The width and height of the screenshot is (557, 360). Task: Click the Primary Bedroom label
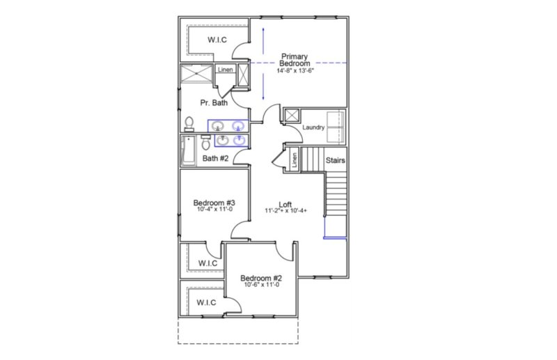pos(295,59)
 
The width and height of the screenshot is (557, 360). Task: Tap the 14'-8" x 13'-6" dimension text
pos(295,70)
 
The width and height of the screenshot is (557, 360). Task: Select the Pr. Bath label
pos(214,103)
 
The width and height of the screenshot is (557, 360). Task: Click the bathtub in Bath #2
pos(189,150)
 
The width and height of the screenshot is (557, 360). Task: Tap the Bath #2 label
pos(216,158)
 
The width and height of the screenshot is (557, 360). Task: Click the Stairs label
pos(336,161)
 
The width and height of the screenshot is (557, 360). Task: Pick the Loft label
pos(285,203)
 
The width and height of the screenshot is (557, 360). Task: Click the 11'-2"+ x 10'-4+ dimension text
pos(285,210)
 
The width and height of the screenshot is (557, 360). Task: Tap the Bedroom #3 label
pos(214,203)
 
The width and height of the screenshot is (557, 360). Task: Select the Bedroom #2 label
pos(262,278)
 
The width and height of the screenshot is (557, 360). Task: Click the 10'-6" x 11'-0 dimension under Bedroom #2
pos(262,285)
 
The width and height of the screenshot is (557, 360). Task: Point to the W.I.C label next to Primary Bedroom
pos(217,40)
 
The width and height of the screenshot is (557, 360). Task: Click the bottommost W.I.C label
pos(205,302)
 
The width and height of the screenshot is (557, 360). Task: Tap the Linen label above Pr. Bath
pos(225,70)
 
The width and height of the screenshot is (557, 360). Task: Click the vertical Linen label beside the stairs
pos(295,160)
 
